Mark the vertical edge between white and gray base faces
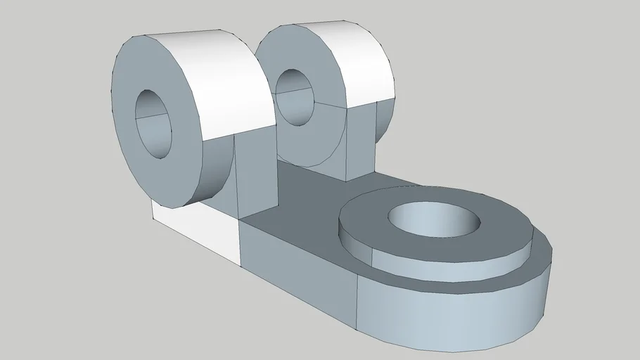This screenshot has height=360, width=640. [240, 243]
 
